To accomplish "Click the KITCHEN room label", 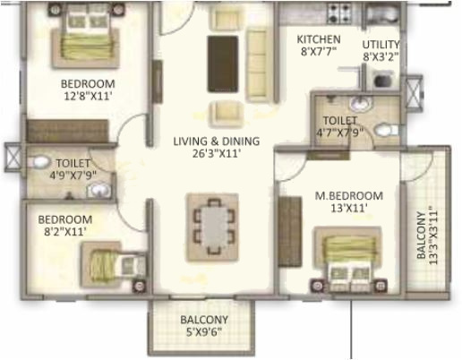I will click(x=319, y=39).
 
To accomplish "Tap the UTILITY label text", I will click(x=381, y=44).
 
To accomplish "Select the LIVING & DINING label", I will click(x=216, y=141).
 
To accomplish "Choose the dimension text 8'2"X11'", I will click(x=64, y=232).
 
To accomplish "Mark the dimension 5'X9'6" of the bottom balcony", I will click(x=203, y=332).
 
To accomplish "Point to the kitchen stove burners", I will click(x=341, y=13).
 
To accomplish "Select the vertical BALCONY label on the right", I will click(x=422, y=235).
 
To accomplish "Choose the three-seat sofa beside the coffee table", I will click(x=257, y=56).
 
